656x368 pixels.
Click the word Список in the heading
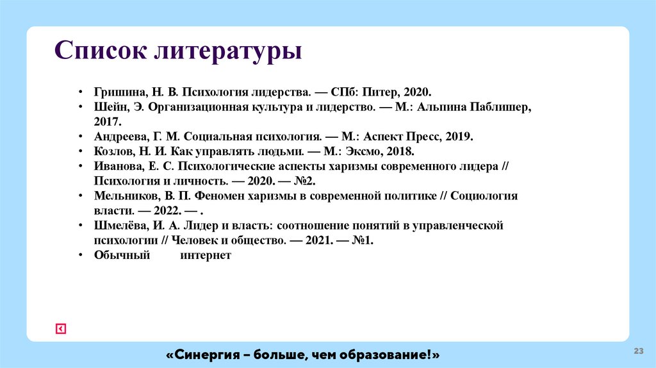(x=99, y=51)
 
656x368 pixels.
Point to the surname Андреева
(x=119, y=137)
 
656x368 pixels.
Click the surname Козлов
(x=111, y=151)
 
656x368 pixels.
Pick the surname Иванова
(x=116, y=166)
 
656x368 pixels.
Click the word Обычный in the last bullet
(x=122, y=255)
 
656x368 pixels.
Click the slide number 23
(x=638, y=351)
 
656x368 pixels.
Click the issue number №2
(x=306, y=181)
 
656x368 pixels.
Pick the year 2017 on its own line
(x=107, y=121)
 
